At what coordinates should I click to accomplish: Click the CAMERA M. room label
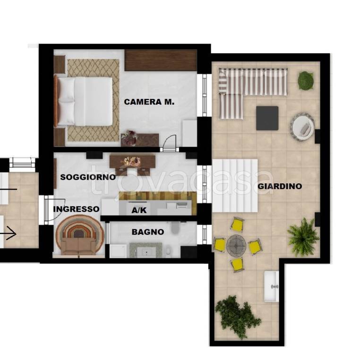point(149,102)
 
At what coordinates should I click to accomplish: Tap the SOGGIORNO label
point(88,177)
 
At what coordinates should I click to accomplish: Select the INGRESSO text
point(77,209)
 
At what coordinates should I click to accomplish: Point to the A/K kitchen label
point(139,210)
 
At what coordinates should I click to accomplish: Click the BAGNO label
point(148,232)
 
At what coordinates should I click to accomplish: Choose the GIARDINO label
point(280,186)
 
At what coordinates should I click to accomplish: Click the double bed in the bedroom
point(84,102)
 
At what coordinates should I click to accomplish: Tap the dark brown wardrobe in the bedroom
point(161,60)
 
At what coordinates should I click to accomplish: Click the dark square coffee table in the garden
point(267,118)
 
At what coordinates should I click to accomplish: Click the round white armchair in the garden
point(302,127)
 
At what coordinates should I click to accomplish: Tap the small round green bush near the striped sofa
point(306,80)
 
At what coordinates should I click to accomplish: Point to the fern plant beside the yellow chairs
point(303,237)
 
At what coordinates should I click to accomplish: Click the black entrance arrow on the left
point(8,233)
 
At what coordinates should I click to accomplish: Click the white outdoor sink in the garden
point(272,286)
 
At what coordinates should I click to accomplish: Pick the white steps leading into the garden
point(235,186)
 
